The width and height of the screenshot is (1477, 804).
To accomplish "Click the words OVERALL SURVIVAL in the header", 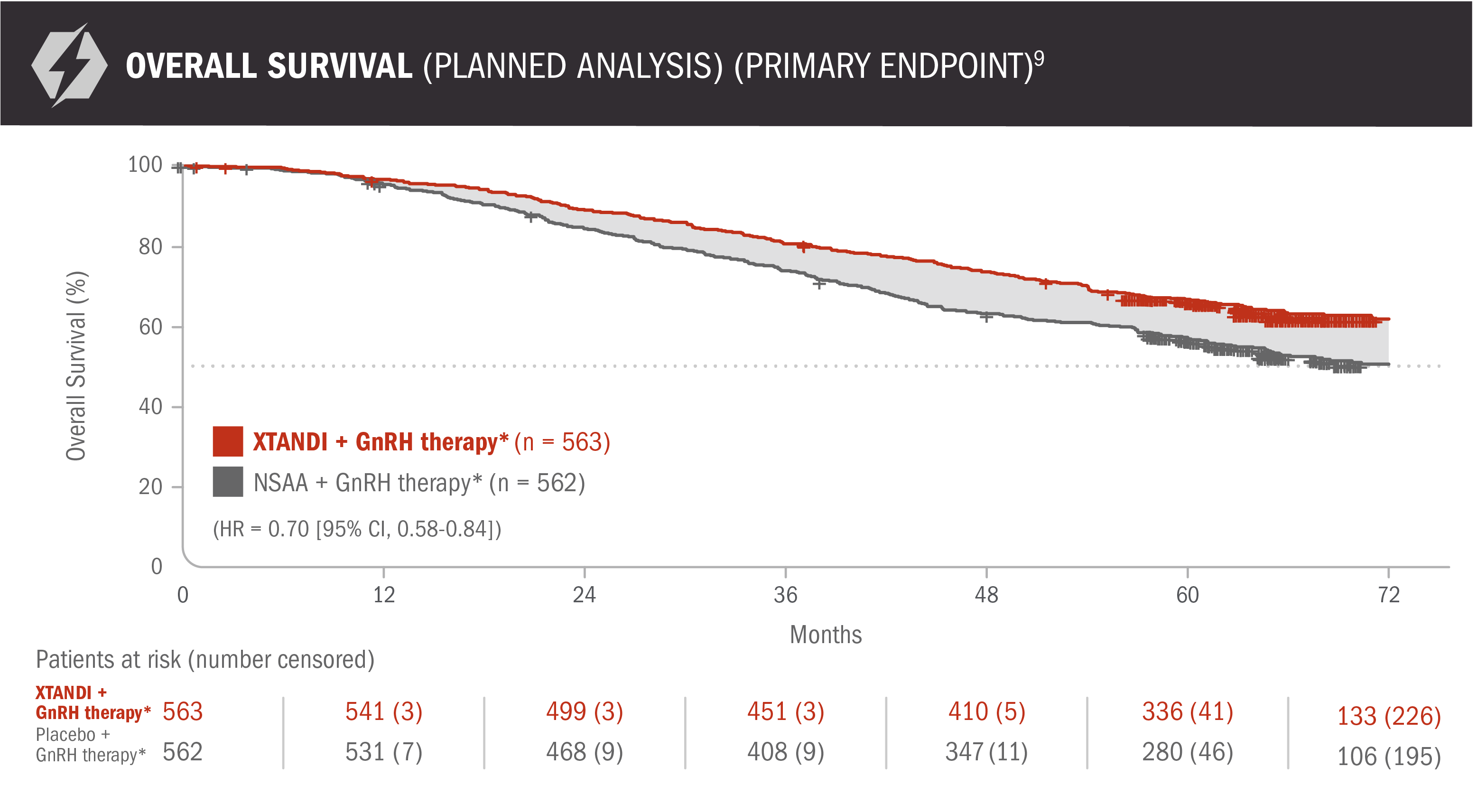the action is click(269, 66).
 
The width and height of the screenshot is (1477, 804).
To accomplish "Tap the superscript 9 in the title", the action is click(1039, 58).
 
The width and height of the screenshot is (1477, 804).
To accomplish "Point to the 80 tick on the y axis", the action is click(151, 247).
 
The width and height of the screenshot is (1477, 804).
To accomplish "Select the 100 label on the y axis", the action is click(145, 165).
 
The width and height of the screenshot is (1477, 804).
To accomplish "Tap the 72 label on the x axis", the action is click(1388, 595).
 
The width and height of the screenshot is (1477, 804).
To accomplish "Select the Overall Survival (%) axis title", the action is click(76, 366).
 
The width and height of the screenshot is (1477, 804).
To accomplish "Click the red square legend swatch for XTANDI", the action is click(228, 441).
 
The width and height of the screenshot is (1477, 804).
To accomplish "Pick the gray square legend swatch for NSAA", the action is click(228, 482).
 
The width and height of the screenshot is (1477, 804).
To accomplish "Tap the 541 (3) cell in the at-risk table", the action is click(383, 711).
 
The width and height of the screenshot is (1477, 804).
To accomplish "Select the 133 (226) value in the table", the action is click(1388, 716).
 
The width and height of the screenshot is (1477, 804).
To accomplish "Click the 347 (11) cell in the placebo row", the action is click(986, 752).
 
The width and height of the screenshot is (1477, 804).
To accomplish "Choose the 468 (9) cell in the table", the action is click(584, 752).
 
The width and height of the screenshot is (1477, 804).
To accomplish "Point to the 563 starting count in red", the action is click(182, 711).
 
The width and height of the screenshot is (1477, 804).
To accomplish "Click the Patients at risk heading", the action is click(204, 660).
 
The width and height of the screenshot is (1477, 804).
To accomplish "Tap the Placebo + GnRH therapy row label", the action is click(90, 744).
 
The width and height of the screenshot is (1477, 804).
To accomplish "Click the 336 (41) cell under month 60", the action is click(1187, 711).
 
